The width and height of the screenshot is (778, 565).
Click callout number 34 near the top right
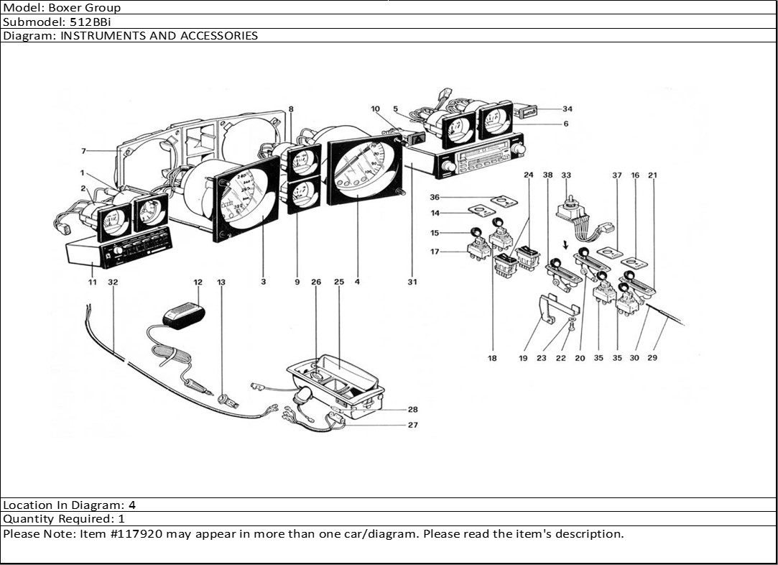tap(568, 109)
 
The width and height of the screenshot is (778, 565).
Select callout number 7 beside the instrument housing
tap(84, 151)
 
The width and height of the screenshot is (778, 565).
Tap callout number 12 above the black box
tap(198, 282)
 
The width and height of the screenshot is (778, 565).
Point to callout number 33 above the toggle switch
tap(566, 175)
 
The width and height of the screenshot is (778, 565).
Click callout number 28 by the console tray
tap(413, 410)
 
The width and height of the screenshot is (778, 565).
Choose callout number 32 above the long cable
tap(112, 282)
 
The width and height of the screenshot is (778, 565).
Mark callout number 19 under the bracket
tap(523, 357)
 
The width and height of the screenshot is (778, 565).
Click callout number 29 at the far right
tap(652, 357)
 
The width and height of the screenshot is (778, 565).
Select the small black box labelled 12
tap(184, 314)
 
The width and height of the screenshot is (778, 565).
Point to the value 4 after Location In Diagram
tap(132, 505)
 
